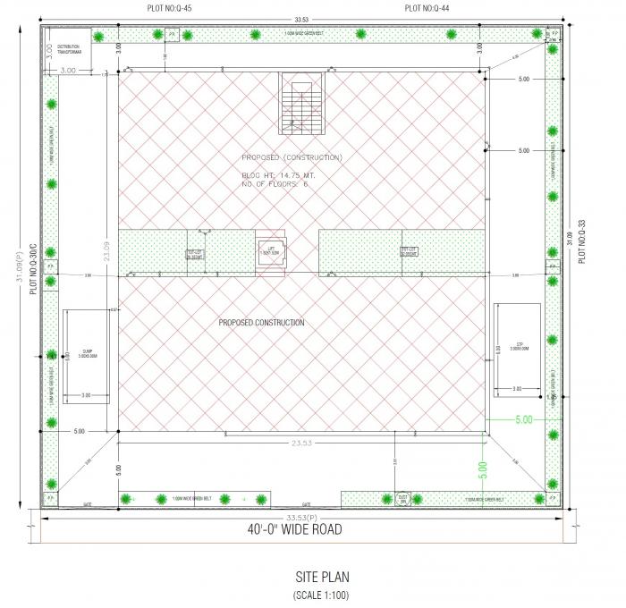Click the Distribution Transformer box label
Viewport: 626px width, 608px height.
69,48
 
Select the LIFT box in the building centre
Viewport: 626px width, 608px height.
270,249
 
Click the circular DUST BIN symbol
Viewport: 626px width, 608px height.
402,498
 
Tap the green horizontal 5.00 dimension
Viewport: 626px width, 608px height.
523,418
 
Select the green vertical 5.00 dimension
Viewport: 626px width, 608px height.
483,466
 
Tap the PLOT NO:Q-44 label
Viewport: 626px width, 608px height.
426,7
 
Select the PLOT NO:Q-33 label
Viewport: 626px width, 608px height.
581,240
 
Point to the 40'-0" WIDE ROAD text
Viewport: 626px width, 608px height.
294,529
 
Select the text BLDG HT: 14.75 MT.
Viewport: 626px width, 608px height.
278,175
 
